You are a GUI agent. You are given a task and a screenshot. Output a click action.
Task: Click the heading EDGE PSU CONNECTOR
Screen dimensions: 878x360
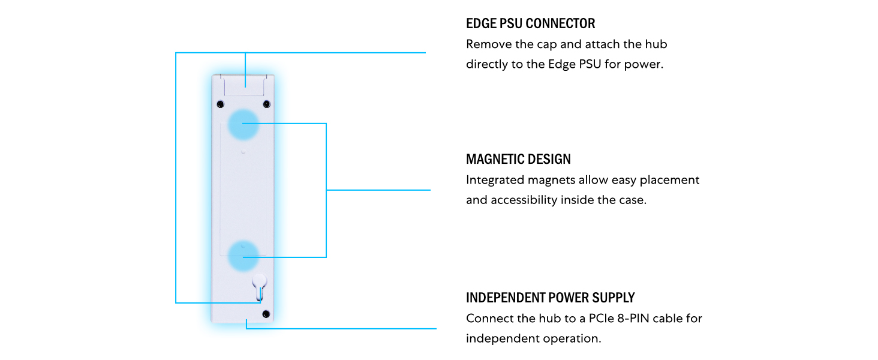[x=530, y=23]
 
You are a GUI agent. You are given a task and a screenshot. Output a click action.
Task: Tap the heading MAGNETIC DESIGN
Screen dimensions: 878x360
[x=518, y=159]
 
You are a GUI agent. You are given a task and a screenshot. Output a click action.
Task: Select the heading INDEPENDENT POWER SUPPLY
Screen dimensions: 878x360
[x=551, y=298]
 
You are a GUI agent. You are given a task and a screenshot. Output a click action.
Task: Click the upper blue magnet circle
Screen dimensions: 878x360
[x=243, y=124]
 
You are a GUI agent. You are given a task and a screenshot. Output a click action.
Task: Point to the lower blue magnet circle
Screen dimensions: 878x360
[x=243, y=256]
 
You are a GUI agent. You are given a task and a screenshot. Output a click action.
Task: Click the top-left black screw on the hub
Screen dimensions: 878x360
[x=220, y=104]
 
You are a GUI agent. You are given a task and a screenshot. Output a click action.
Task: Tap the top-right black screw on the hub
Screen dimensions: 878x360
[x=266, y=104]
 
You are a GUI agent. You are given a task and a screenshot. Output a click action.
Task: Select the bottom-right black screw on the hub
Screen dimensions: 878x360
[x=266, y=314]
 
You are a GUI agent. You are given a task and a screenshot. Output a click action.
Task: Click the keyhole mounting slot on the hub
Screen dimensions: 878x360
[x=259, y=287]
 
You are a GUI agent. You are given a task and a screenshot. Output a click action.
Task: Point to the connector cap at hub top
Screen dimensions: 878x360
[x=244, y=85]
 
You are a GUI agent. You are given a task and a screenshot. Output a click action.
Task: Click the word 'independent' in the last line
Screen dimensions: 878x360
[x=497, y=338]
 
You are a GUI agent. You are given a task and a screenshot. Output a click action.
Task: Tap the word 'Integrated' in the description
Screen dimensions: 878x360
[x=495, y=180]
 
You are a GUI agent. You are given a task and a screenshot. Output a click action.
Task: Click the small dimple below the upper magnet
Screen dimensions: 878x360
[x=243, y=151]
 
